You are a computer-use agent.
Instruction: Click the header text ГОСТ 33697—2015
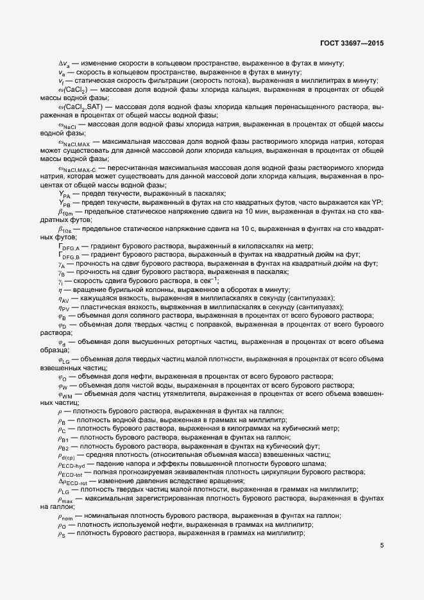click(357, 43)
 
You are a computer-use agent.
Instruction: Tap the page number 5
click(382, 547)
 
